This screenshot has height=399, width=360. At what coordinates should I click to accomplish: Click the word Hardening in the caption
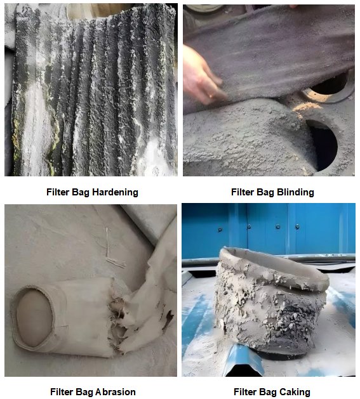pos(115,192)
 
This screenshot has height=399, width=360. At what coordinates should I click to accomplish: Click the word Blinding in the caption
pos(295,192)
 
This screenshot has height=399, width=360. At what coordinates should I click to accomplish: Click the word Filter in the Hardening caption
pos(58,192)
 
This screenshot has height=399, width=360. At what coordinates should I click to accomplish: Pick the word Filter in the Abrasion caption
pos(62,391)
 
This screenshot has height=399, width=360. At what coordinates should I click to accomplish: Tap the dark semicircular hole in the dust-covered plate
pos(323,144)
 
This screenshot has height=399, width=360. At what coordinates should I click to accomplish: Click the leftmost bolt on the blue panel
pos(220,230)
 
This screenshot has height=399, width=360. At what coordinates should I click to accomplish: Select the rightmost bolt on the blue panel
pos(297,226)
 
